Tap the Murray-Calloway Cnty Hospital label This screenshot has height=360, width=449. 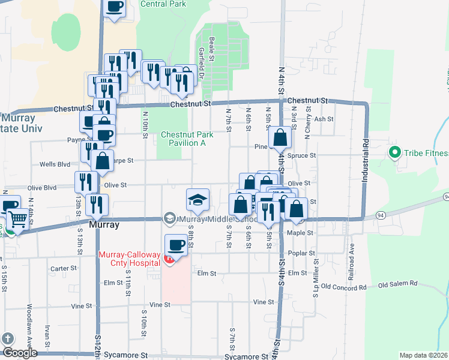(x=129, y=259)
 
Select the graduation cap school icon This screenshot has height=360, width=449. (x=197, y=200)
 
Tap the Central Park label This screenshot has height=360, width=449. (x=163, y=4)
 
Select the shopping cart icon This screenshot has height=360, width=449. (x=18, y=219)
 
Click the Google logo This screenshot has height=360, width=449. (x=20, y=352)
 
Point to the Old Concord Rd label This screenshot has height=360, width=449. (x=343, y=287)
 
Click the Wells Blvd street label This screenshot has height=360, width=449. (x=55, y=164)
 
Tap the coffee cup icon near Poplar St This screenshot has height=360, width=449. (x=175, y=245)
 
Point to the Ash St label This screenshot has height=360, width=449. (x=324, y=119)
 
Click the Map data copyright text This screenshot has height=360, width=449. (x=423, y=355)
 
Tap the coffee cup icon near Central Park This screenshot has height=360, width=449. (x=114, y=7)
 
